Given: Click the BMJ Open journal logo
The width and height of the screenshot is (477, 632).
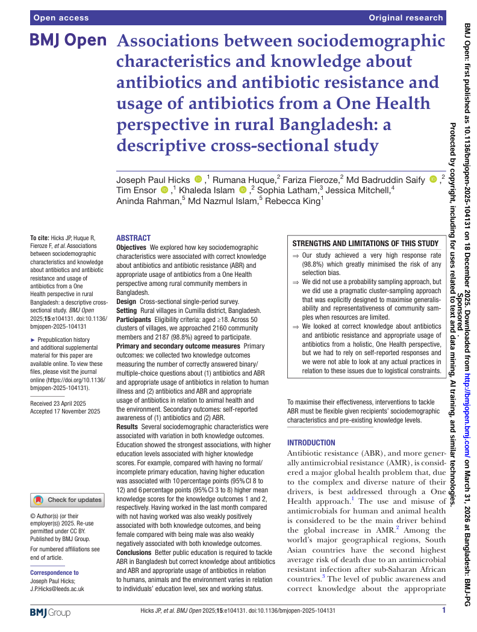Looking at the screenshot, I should click(68, 41).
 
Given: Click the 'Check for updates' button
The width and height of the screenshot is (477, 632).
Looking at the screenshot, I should click(67, 500).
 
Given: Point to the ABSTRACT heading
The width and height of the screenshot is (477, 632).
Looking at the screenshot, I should click(133, 238).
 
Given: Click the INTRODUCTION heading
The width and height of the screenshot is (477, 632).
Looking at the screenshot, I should click(311, 442).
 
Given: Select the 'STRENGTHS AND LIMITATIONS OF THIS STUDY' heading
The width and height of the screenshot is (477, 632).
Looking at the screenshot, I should click(366, 244).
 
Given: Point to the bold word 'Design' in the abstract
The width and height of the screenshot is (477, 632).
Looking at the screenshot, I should click(126, 301).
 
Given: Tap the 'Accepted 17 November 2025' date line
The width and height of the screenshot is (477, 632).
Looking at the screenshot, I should click(65, 412).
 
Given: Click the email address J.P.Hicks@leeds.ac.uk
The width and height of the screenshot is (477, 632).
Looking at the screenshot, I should click(57, 589).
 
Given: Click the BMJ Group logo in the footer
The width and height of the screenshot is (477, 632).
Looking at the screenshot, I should click(50, 613).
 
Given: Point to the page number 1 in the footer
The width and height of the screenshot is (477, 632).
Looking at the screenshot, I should click(444, 610).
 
